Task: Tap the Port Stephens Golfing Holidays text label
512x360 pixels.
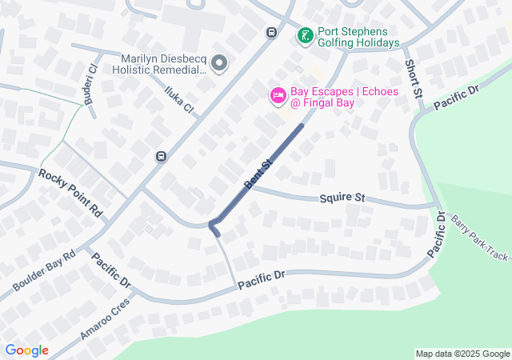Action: (358, 38)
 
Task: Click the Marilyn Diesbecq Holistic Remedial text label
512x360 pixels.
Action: (164, 64)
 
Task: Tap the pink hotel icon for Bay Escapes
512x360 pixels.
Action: (278, 96)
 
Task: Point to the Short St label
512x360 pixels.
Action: (413, 79)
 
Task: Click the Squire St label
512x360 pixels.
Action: (342, 196)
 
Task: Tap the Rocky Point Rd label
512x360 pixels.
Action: (71, 192)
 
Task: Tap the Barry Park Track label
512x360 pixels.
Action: (478, 238)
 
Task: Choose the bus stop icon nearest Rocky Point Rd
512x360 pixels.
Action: (162, 156)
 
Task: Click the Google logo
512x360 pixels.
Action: (26, 350)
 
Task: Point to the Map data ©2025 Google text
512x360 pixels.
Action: (462, 354)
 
